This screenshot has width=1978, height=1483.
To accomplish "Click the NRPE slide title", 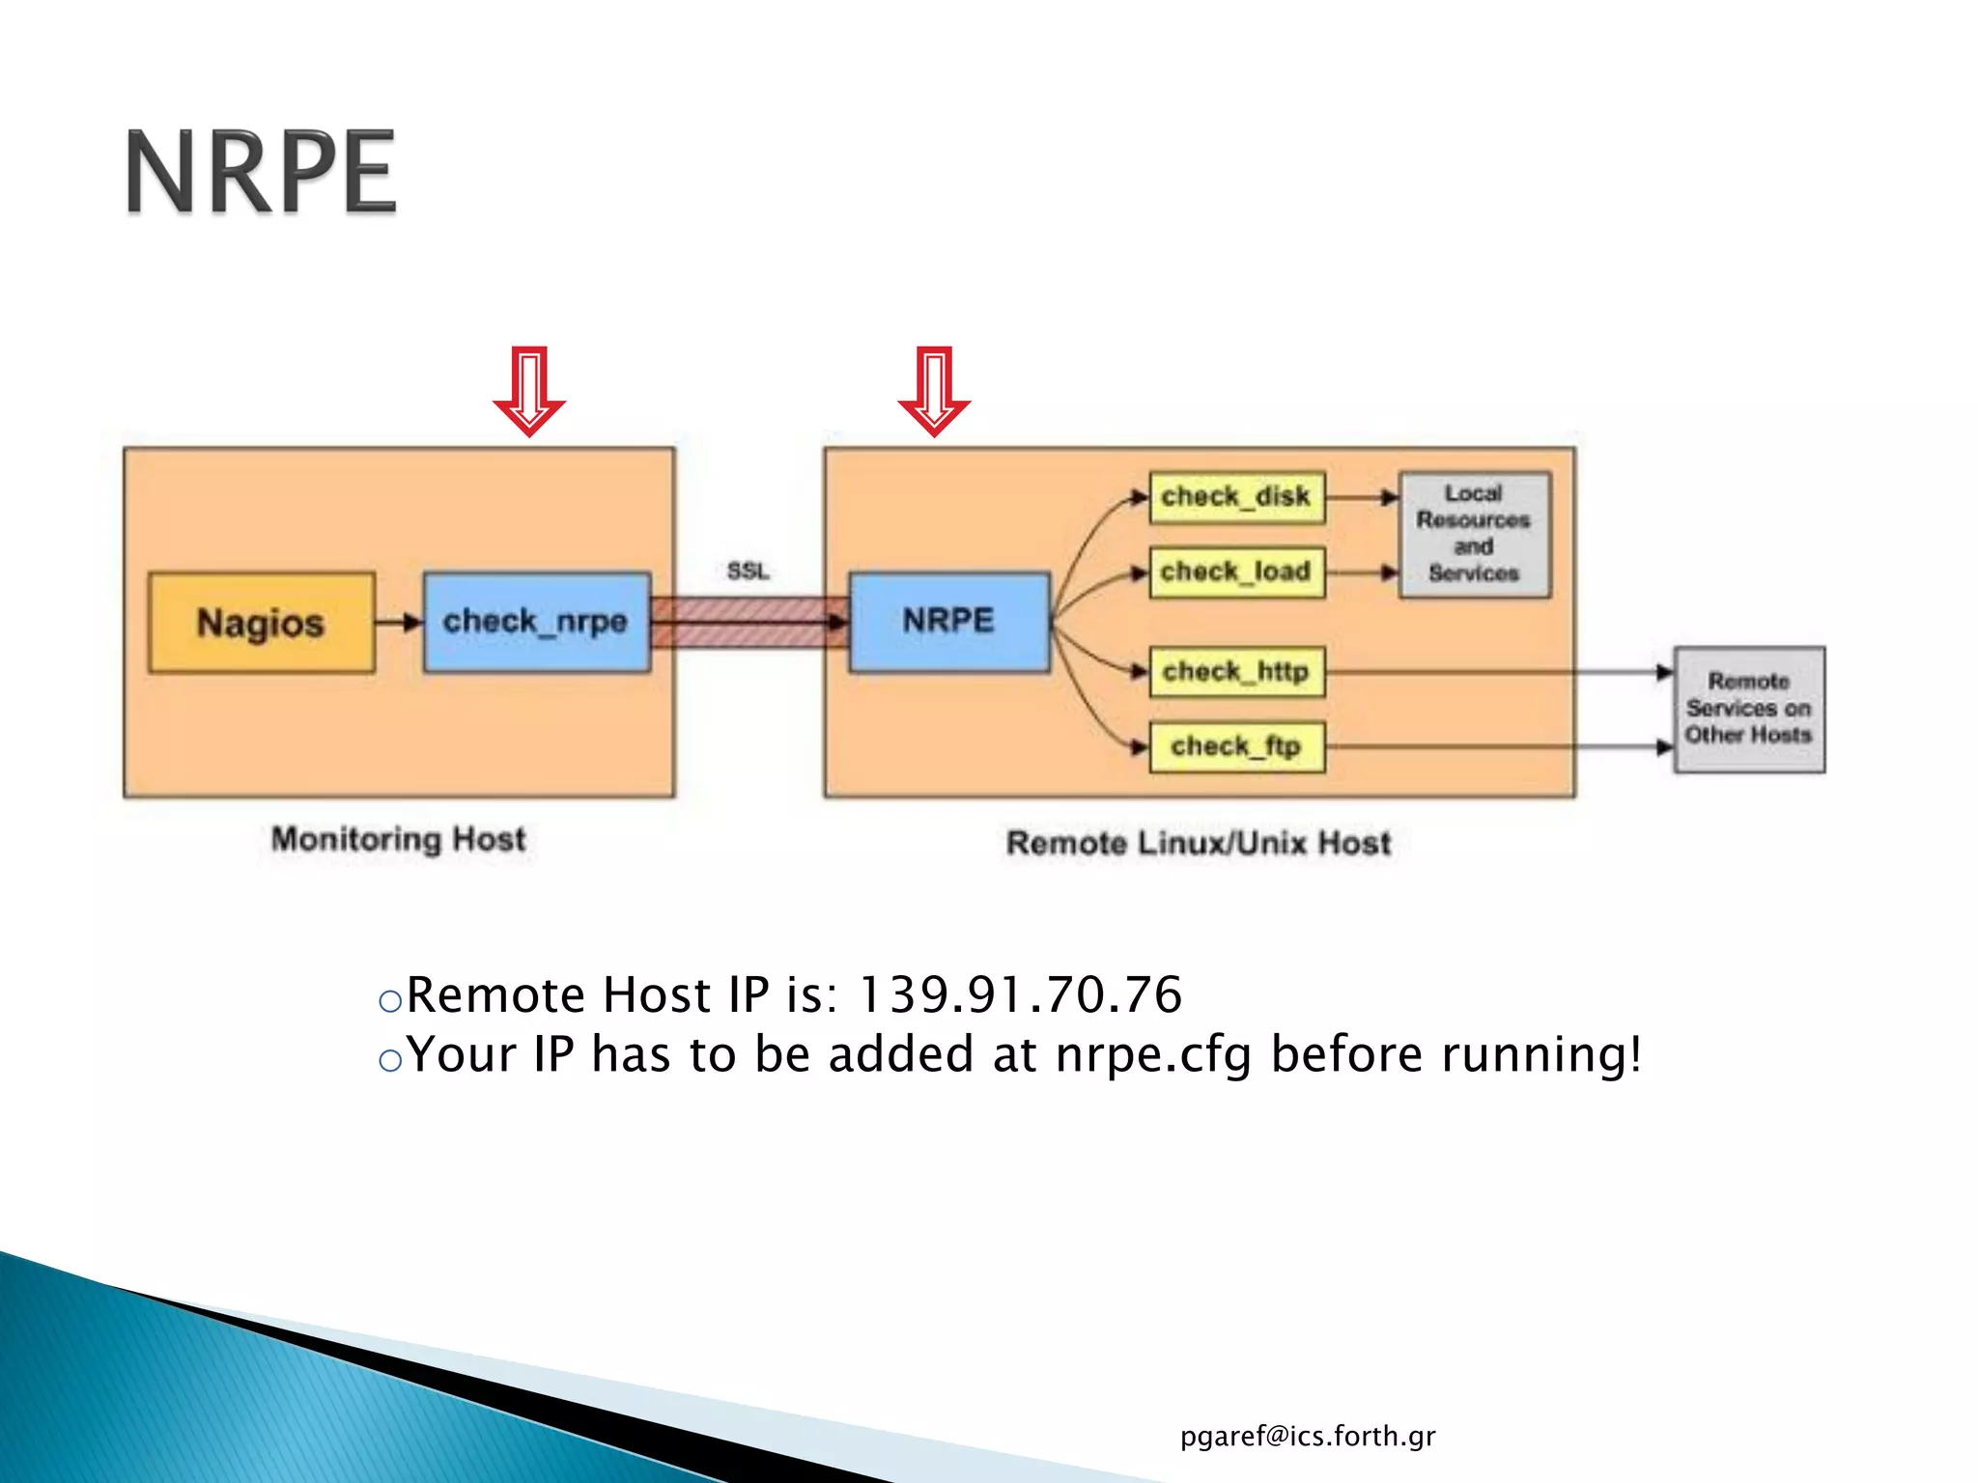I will (261, 172).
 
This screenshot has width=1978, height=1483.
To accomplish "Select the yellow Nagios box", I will (261, 623).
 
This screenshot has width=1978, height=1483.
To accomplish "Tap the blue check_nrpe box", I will (536, 622).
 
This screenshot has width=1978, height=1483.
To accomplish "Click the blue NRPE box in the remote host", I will (948, 621).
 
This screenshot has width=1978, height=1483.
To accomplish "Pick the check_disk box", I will (1236, 497).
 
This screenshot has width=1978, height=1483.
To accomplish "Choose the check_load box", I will (1236, 573).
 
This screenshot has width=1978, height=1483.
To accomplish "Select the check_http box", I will (1236, 672).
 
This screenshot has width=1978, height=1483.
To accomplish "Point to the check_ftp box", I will (1236, 747).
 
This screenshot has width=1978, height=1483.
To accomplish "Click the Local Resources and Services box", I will (1474, 534).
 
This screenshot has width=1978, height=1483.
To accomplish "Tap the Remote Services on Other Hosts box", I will (1748, 709).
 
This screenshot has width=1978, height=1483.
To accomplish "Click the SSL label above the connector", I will (749, 572).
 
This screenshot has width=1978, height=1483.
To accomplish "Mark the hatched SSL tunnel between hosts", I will (749, 622).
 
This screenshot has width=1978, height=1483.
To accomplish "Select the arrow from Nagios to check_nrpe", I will (398, 622).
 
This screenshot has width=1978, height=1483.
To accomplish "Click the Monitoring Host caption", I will (398, 839).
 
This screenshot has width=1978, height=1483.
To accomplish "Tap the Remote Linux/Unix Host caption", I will (1198, 843).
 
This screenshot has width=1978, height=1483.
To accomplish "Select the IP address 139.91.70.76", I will (1020, 995).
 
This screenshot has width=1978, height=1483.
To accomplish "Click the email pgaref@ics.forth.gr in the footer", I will (1307, 1437).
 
